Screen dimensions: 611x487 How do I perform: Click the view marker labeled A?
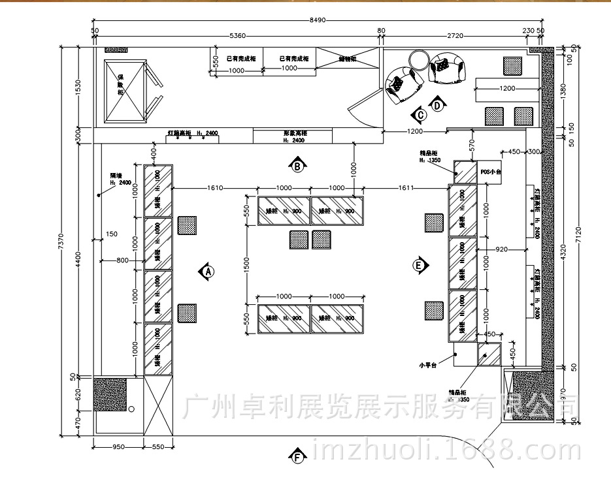(206, 270)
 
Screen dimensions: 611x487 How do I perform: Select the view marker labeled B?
(297, 166)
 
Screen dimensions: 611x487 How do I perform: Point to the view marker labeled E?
(420, 265)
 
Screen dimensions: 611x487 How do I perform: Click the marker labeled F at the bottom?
(298, 456)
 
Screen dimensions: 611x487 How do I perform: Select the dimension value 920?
(501, 249)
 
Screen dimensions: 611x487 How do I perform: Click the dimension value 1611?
(406, 188)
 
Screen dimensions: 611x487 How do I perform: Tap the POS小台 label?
(489, 171)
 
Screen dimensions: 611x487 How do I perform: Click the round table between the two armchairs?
(418, 61)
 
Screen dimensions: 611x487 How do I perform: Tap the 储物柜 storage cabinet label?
(347, 59)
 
